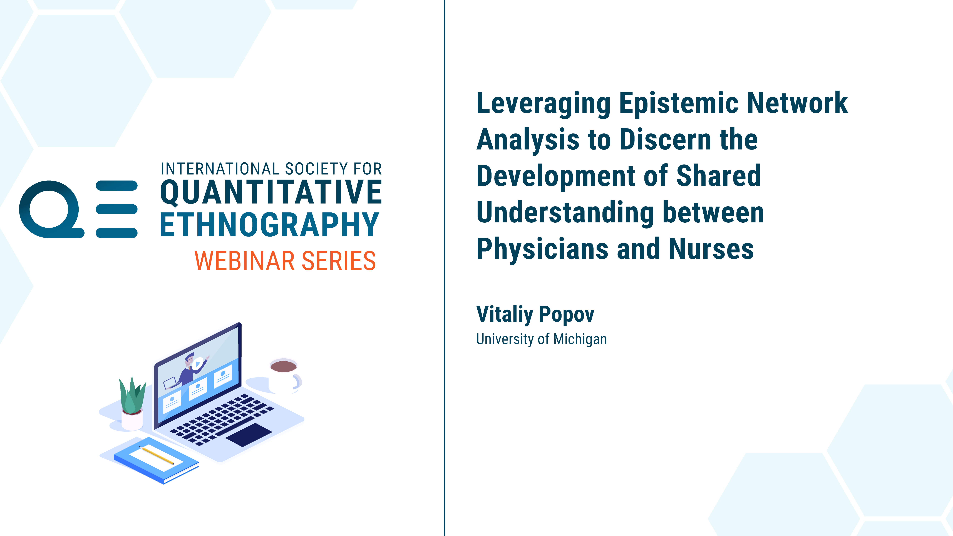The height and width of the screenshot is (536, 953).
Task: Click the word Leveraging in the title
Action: pyautogui.click(x=543, y=104)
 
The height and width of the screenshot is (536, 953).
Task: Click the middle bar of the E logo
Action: pyautogui.click(x=116, y=209)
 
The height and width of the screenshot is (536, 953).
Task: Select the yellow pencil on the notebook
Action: pyautogui.click(x=156, y=455)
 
